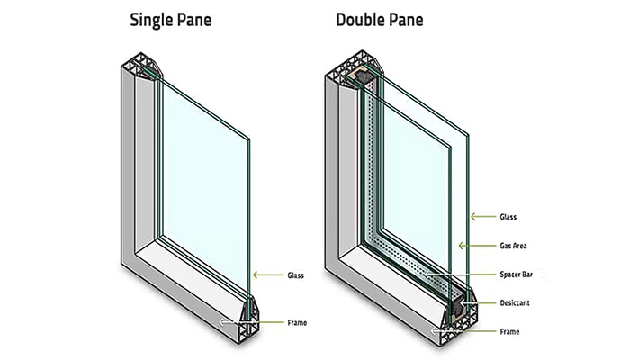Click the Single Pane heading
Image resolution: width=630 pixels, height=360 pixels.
pyautogui.click(x=171, y=20)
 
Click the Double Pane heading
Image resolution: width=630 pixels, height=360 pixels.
pyautogui.click(x=379, y=20)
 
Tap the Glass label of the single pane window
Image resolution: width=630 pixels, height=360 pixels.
pyautogui.click(x=295, y=275)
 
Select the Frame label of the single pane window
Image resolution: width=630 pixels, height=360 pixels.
pyautogui.click(x=297, y=322)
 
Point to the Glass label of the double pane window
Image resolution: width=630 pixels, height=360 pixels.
pyautogui.click(x=508, y=217)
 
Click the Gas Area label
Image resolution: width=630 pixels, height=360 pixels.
pyautogui.click(x=513, y=246)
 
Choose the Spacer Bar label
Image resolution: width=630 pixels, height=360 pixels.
pyautogui.click(x=516, y=274)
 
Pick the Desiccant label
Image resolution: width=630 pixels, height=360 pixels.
pyautogui.click(x=515, y=303)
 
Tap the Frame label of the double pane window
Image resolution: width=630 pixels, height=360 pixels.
pyautogui.click(x=509, y=332)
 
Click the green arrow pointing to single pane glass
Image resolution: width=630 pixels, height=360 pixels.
pyautogui.click(x=268, y=275)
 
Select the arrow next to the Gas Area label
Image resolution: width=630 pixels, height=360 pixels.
pyautogui.click(x=477, y=246)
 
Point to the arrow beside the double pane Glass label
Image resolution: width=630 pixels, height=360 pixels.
pyautogui.click(x=483, y=217)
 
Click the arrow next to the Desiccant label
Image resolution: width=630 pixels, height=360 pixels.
pyautogui.click(x=479, y=303)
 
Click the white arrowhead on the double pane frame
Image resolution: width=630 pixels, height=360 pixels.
pyautogui.click(x=434, y=331)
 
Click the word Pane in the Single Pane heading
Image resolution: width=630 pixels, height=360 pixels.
pyautogui.click(x=193, y=20)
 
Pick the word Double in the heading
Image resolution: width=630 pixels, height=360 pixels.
pyautogui.click(x=358, y=20)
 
